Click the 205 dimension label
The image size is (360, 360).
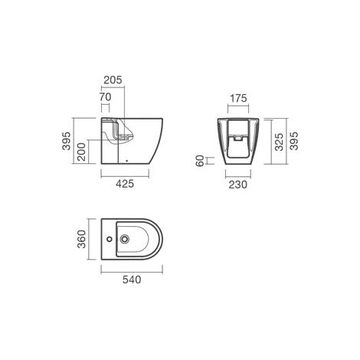click(x=113, y=80)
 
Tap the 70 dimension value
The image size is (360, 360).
click(x=105, y=97)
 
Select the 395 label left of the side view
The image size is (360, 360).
click(x=67, y=141)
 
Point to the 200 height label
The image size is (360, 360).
click(x=81, y=152)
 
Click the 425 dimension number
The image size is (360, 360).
click(x=125, y=184)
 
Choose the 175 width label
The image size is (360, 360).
click(x=238, y=98)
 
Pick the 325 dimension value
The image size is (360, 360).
click(x=279, y=142)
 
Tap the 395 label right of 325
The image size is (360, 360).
click(x=293, y=141)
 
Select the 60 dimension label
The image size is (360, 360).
click(x=200, y=161)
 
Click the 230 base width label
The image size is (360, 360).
click(x=238, y=185)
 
